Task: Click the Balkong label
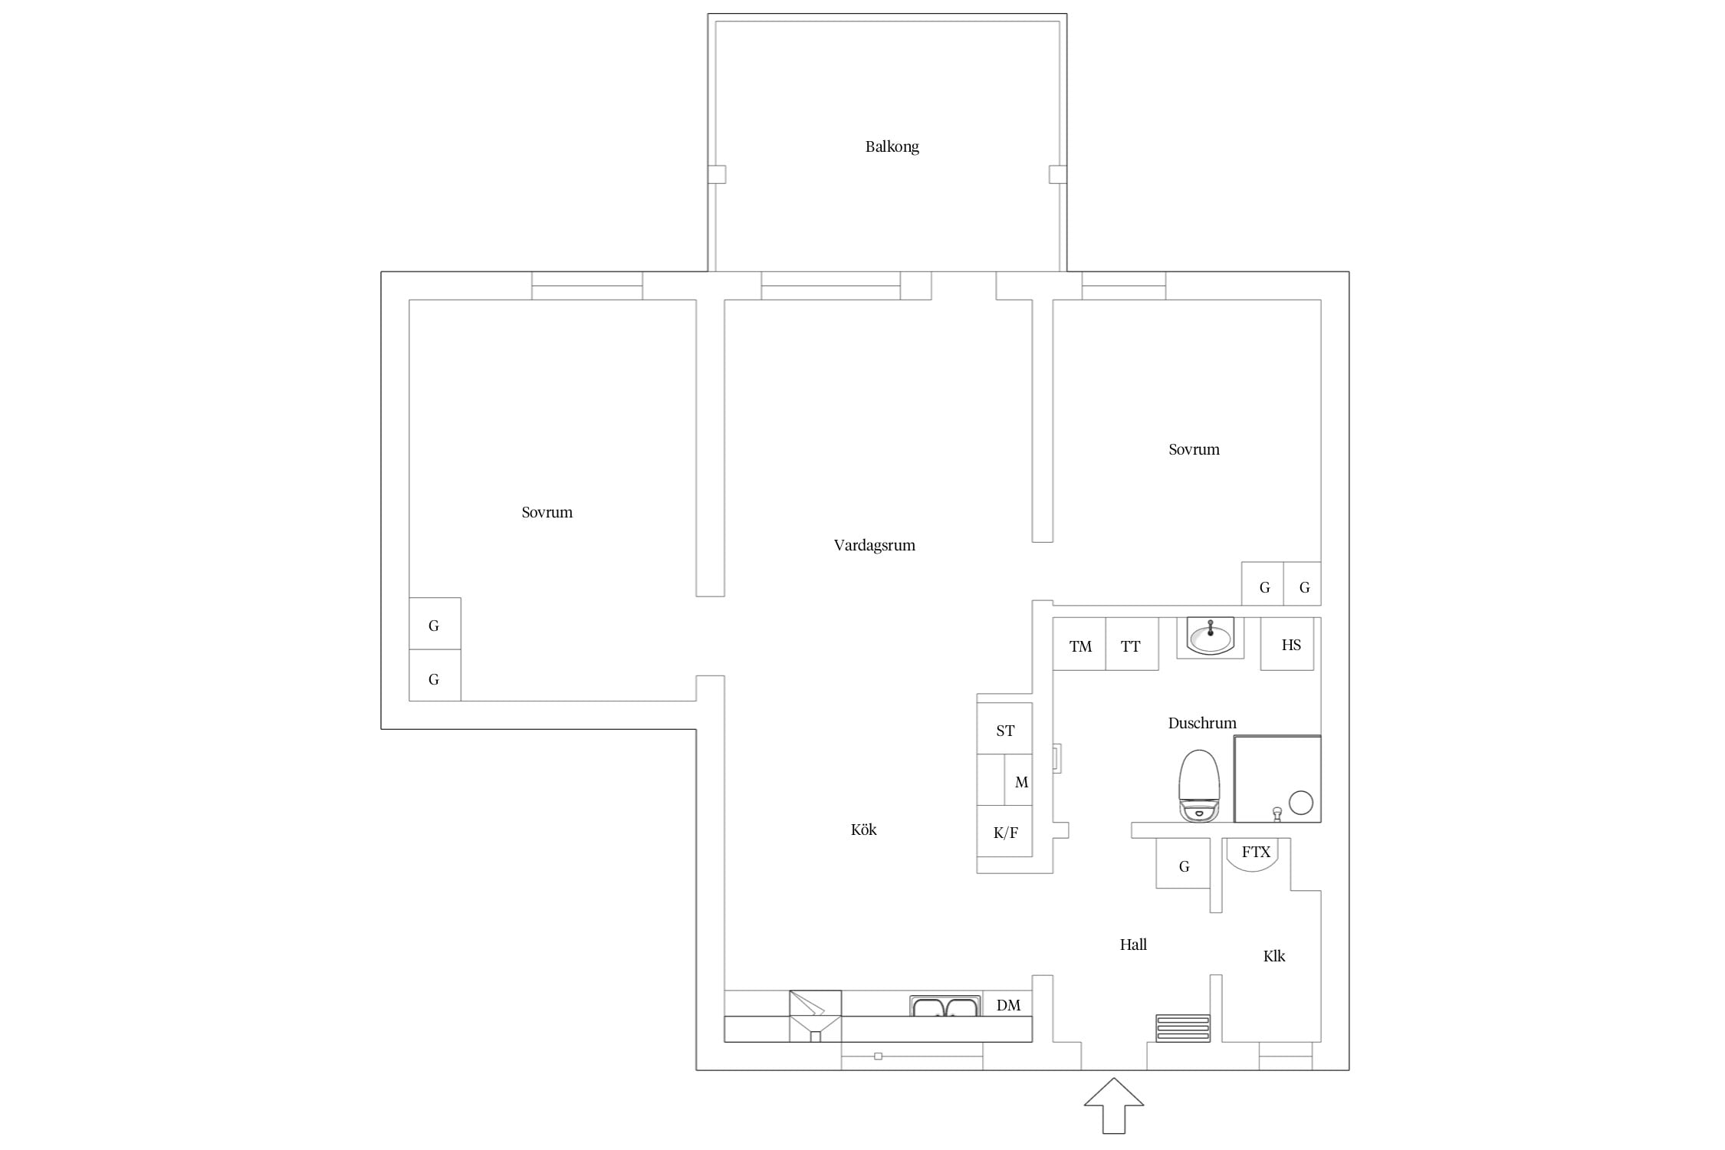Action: (892, 146)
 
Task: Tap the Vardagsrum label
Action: (874, 545)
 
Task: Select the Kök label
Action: (863, 829)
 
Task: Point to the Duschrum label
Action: (1201, 723)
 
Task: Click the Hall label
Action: (1133, 945)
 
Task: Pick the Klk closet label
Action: (1274, 956)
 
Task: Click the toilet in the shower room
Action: (1199, 786)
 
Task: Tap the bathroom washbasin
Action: (1211, 636)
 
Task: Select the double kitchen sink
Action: (945, 1006)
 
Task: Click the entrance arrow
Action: (1114, 1106)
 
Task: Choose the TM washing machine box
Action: (1079, 644)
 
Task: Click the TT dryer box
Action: (1132, 644)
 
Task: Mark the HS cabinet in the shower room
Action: (1287, 644)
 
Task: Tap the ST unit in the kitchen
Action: (1004, 728)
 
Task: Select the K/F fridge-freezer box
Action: (1004, 831)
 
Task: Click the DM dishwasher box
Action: (1007, 1004)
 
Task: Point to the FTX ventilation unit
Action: (1256, 855)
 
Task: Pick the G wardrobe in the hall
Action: (1183, 863)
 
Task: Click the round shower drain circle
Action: (1301, 803)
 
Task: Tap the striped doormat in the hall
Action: (1183, 1028)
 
